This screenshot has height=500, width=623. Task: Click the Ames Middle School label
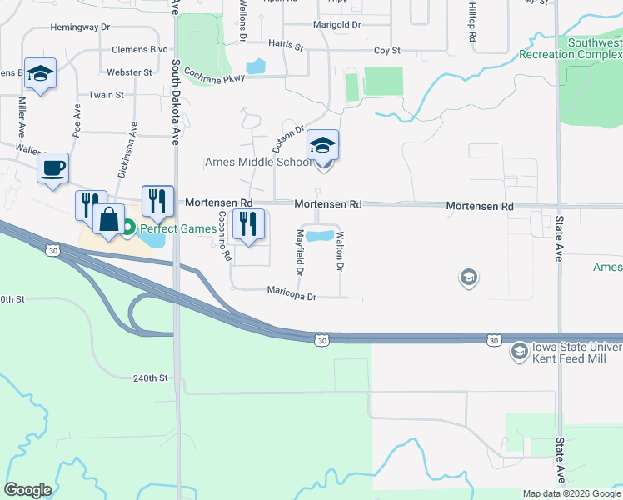pos(258,162)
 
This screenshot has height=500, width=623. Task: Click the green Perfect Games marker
pos(128,226)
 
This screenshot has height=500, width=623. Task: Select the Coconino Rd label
pos(223,236)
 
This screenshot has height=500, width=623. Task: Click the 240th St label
pos(150,378)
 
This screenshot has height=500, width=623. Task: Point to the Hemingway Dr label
pos(80,27)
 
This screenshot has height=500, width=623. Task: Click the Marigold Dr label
pos(336,25)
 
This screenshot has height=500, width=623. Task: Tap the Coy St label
pos(387,51)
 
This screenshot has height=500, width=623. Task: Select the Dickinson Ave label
pos(133,141)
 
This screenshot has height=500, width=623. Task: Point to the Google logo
pos(27,490)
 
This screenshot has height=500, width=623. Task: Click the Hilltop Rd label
pos(472,22)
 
